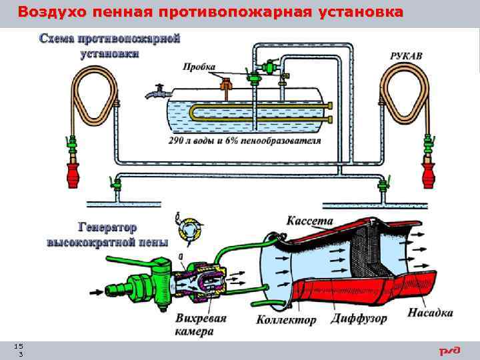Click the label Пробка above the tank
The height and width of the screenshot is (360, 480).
point(199,65)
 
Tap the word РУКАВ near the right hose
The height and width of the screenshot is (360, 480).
point(406,57)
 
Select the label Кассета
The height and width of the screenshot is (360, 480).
point(309,219)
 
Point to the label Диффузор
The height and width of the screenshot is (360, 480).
point(359,319)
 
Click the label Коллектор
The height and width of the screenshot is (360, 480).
point(286,320)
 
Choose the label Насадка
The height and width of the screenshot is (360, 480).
point(430,312)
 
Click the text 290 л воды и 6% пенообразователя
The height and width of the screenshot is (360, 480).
point(245,141)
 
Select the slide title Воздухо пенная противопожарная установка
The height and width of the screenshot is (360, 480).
point(210,12)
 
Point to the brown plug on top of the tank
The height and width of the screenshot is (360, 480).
point(226,83)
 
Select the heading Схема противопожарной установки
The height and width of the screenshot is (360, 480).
point(110,46)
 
